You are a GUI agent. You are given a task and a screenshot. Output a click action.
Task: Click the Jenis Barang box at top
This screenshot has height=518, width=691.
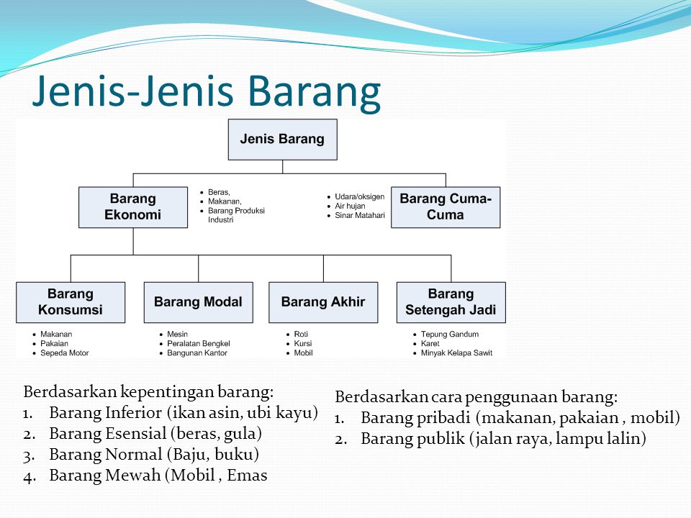pyautogui.click(x=282, y=140)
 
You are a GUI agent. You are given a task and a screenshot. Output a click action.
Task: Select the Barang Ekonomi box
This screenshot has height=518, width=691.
pyautogui.click(x=133, y=207)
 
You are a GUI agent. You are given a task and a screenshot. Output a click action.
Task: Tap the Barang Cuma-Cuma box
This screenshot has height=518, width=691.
pyautogui.click(x=446, y=207)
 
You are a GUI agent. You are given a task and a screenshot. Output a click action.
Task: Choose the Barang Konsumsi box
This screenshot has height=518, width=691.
pyautogui.click(x=71, y=302)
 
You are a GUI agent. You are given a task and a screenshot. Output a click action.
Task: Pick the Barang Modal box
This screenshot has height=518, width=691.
pyautogui.click(x=198, y=302)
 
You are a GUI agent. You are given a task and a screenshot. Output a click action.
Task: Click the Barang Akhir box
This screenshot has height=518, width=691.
pyautogui.click(x=323, y=302)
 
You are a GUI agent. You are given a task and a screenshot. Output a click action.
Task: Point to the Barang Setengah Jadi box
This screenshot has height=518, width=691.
pyautogui.click(x=451, y=302)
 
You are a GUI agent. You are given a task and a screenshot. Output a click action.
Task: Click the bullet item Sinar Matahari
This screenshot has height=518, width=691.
pyautogui.click(x=359, y=215)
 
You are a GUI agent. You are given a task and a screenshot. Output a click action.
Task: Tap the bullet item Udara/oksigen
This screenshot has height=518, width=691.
pyautogui.click(x=359, y=196)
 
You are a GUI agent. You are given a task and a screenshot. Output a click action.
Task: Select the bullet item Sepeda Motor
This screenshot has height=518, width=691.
pyautogui.click(x=64, y=353)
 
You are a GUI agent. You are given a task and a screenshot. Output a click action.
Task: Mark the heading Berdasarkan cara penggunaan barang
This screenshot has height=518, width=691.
pyautogui.click(x=476, y=397)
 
